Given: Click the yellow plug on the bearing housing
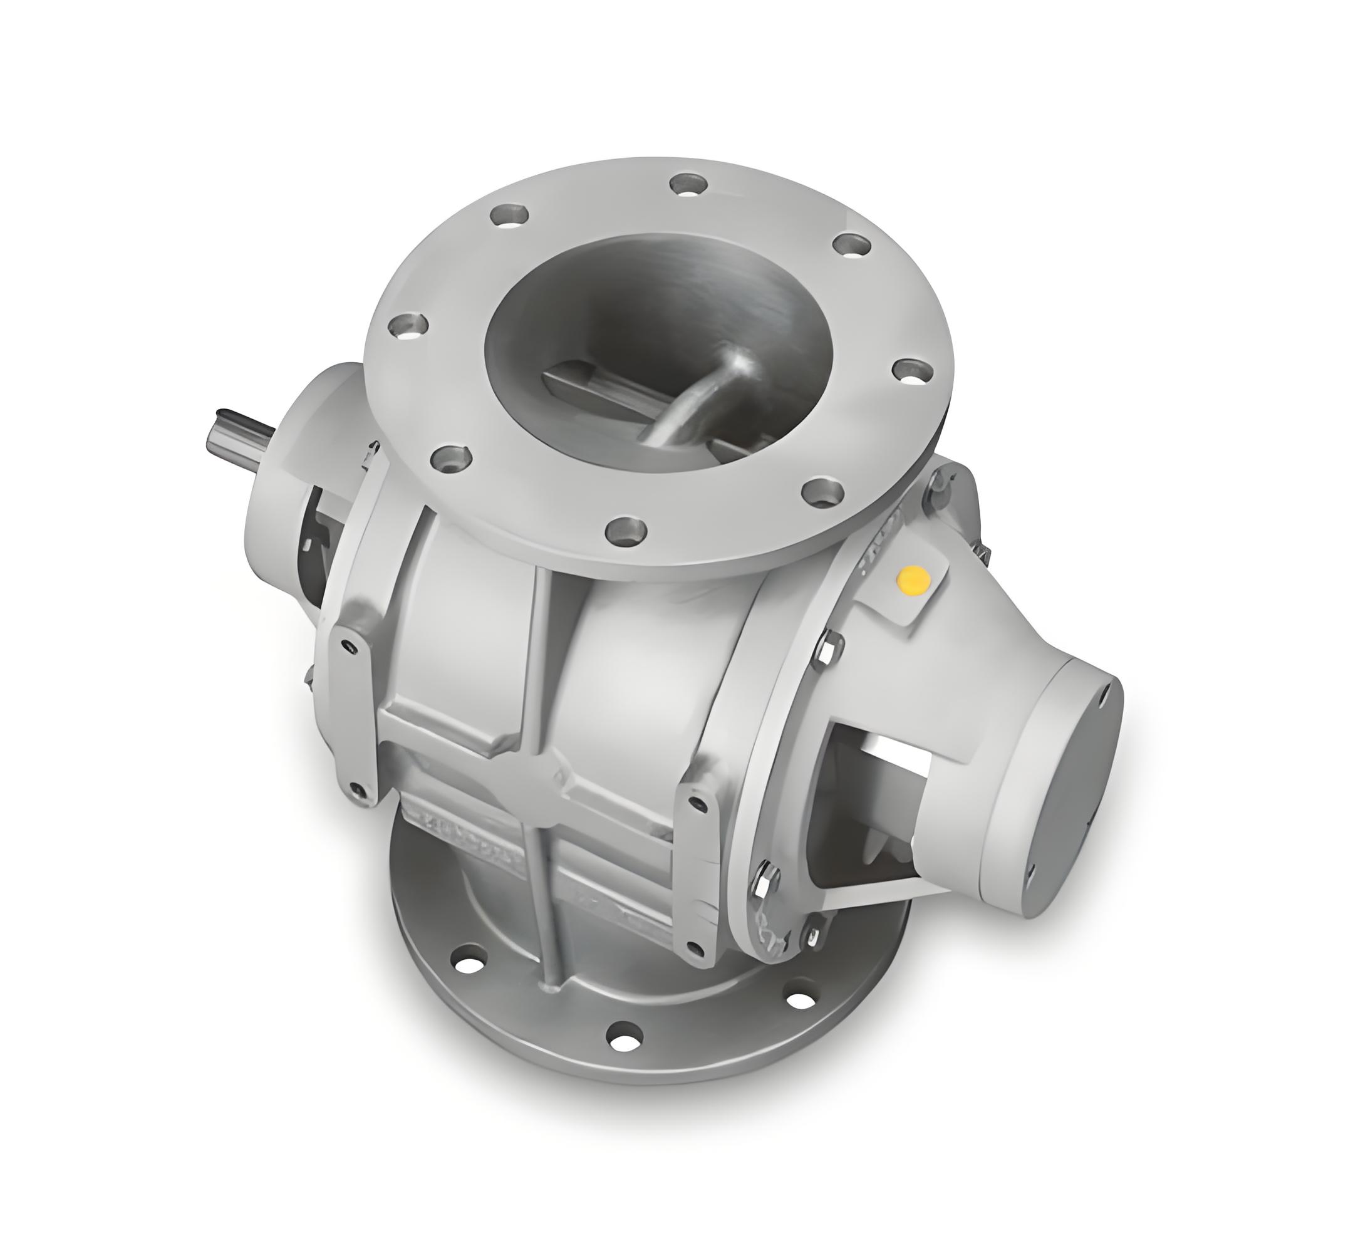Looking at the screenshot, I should [913, 580].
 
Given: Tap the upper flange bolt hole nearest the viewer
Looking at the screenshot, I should [626, 529].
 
